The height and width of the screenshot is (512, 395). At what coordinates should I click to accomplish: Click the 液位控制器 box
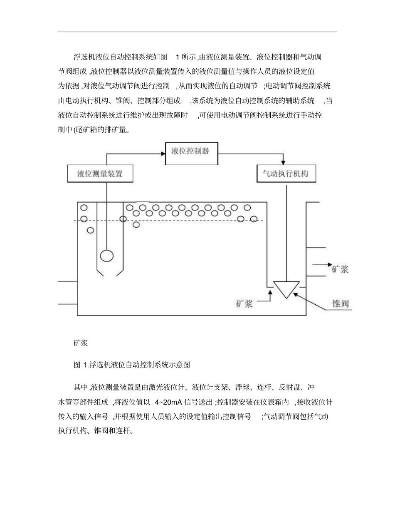point(190,151)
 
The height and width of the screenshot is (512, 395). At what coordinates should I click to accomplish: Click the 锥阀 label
point(340,303)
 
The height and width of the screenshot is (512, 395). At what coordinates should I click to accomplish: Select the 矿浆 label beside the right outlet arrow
point(340,269)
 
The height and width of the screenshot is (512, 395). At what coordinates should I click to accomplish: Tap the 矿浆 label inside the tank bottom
point(244,303)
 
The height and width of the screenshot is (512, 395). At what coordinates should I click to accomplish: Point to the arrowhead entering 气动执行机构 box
point(284,162)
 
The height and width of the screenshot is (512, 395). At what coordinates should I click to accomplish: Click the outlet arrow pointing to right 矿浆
point(323,265)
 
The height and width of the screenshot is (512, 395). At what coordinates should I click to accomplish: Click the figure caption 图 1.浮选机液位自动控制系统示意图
point(132,365)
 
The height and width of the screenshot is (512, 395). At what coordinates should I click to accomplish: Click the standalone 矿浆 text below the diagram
point(80,343)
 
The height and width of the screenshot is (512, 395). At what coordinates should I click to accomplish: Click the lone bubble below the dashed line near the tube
point(136,225)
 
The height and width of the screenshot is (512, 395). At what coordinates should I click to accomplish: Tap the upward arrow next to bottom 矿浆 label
point(270,296)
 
